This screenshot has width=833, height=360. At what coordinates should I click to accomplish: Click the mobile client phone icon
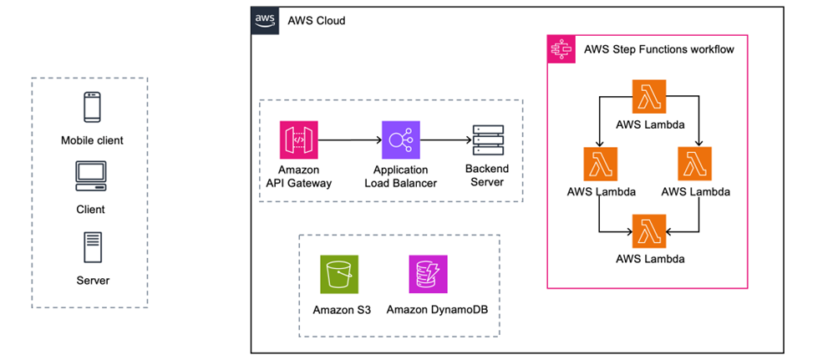point(91,108)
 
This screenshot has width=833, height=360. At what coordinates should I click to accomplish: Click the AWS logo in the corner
point(265,20)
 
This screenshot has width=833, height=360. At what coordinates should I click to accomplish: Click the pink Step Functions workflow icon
point(560,48)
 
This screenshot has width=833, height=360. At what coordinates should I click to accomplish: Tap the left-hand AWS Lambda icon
point(601,164)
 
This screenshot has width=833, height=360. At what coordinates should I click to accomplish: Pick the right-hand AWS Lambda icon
point(695,164)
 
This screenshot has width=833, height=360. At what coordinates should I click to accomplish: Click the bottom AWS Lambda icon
point(649,230)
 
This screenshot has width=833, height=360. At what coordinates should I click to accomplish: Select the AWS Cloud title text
point(316,20)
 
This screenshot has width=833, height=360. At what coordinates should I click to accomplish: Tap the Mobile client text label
point(92,140)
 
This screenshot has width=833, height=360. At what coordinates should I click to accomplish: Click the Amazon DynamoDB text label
point(437,310)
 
